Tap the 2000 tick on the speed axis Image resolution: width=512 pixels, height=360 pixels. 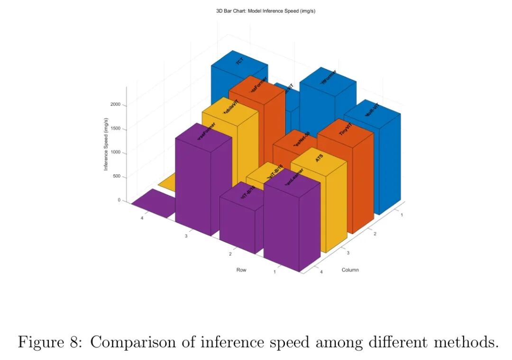[x=115, y=105]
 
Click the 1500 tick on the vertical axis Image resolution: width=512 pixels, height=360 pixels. [x=115, y=129]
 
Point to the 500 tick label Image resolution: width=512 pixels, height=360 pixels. [x=117, y=177]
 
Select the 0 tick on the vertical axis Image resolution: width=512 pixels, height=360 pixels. [x=119, y=200]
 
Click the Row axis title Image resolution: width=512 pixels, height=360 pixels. [x=241, y=270]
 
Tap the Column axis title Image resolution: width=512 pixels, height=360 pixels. [x=350, y=270]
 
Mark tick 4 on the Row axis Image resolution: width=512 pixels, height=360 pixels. [x=142, y=218]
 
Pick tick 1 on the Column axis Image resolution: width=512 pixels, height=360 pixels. [x=402, y=215]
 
